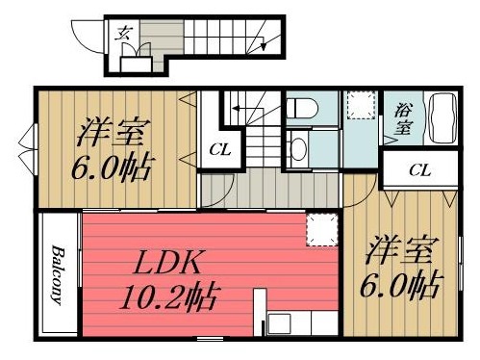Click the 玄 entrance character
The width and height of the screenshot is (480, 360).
[124, 34]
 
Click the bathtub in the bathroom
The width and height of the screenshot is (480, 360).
[445, 117]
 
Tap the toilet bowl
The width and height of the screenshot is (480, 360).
[298, 112]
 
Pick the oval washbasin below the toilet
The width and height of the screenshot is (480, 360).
[299, 148]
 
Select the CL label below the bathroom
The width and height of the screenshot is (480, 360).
[419, 170]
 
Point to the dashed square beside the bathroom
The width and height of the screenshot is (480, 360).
[361, 105]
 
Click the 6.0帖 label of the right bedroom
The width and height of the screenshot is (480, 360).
[402, 286]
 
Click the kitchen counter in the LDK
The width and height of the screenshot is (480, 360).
[289, 322]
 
